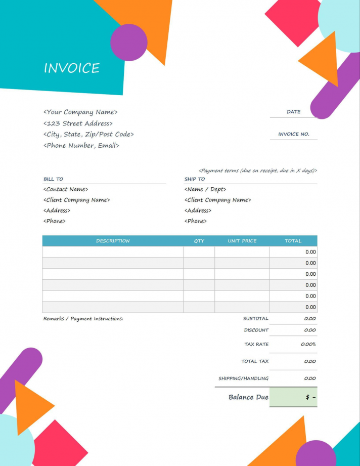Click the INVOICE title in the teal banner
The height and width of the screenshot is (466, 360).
[71, 68]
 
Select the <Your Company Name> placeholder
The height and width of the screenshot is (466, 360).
[80, 112]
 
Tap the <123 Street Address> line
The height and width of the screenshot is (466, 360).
[78, 123]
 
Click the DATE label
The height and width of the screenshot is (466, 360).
[293, 112]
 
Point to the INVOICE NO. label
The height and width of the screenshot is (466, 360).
[293, 135]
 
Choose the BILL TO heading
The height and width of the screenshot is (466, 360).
[53, 179]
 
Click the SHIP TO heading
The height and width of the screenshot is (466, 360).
[195, 179]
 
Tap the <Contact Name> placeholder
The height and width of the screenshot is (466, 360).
[66, 189]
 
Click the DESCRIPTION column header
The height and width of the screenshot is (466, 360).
[113, 241]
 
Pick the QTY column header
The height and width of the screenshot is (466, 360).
[199, 241]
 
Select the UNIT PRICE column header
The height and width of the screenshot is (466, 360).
[242, 241]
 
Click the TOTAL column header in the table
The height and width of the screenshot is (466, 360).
[293, 241]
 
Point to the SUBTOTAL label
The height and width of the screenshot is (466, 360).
[256, 319]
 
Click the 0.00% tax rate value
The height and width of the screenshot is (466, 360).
[308, 344]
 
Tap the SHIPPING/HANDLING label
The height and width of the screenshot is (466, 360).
[243, 378]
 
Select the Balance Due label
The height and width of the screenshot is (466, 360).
[248, 397]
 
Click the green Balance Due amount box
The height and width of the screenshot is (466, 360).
[293, 397]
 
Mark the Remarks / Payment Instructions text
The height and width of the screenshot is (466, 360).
[83, 319]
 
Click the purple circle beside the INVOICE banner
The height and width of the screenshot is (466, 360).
[129, 43]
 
